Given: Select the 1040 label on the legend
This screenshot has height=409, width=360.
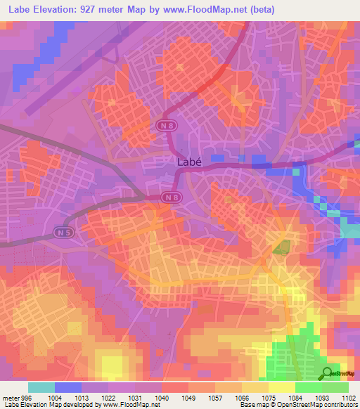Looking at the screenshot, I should point(162,397).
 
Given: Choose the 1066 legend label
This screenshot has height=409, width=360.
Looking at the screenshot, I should point(242,397).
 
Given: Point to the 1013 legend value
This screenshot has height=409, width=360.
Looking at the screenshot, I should point(82,397).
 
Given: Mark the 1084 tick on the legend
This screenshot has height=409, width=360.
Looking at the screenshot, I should point(295,397).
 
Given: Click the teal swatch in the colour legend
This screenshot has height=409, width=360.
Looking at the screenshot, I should point(41,387).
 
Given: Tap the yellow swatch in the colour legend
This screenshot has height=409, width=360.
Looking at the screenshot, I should point(282,387).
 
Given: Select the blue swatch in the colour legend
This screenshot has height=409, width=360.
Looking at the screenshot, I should point(68,387).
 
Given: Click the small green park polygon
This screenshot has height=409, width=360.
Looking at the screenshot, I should point(282,247).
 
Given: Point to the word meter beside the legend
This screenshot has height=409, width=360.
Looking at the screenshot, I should point(9,397).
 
